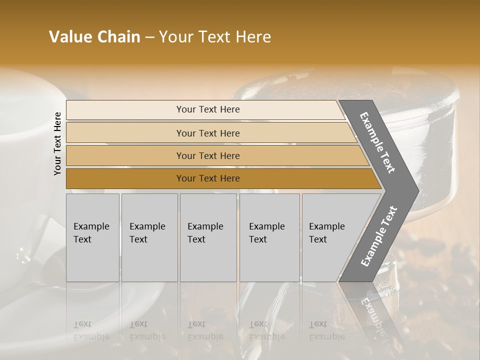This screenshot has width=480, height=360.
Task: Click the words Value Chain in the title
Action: point(94,37)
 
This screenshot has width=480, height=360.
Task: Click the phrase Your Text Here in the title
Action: point(215,37)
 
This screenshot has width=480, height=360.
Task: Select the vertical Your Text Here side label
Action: point(57,144)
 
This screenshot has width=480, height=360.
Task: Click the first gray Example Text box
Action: point(92,237)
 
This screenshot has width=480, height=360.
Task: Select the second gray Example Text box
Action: point(149,237)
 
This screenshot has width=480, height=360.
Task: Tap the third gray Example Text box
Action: point(208,237)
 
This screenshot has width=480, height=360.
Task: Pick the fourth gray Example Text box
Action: point(269,237)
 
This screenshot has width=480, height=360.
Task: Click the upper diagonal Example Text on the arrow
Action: point(377,142)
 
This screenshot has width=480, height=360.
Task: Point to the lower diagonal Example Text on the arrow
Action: point(378,236)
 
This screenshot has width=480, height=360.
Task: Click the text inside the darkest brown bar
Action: point(208,178)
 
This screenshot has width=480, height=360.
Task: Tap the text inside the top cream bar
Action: point(208,109)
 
